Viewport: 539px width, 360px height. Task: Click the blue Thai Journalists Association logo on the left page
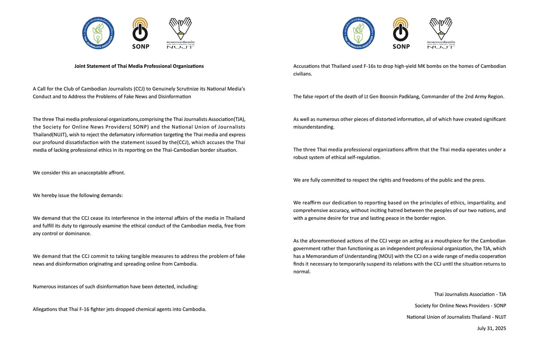tap(98, 33)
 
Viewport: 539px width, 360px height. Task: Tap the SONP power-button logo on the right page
tap(401, 32)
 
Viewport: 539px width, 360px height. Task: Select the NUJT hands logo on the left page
tap(181, 32)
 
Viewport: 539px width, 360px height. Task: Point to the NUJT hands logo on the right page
tap(441, 32)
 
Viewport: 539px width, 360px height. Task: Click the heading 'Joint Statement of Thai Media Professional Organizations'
tap(139, 66)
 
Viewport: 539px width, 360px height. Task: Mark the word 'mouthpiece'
tap(426, 240)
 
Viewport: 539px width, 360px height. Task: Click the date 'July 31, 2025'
tap(491, 329)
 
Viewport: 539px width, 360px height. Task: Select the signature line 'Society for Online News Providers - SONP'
tap(460, 306)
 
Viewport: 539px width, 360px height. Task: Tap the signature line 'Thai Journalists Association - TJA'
tap(470, 294)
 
